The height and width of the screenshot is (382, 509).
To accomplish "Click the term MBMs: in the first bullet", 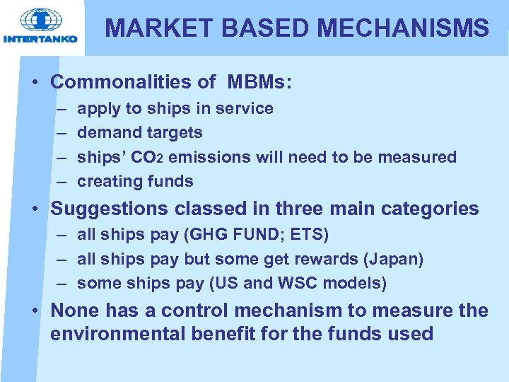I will click(259, 82).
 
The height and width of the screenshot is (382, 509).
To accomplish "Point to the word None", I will click(77, 311).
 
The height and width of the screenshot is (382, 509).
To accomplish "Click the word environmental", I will click(117, 334).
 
